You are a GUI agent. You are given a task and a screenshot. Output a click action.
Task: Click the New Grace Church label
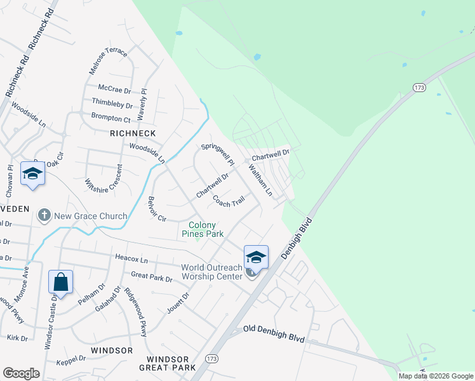click(90, 216)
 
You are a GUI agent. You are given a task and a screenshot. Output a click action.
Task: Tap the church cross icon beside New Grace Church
click(44, 215)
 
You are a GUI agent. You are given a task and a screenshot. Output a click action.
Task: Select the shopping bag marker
click(60, 282)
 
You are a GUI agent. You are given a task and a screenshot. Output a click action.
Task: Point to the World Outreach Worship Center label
click(212, 272)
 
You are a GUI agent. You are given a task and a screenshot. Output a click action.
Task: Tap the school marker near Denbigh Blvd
click(256, 257)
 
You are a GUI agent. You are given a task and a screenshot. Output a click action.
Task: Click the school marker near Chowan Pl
click(32, 173)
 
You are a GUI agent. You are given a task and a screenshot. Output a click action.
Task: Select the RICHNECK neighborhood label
click(133, 133)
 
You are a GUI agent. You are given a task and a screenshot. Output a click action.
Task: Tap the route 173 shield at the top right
click(418, 87)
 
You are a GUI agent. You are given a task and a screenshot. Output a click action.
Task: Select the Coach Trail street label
click(229, 201)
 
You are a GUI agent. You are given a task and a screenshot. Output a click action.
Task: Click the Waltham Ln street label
click(260, 180)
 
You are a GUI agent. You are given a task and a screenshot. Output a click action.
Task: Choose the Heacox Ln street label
click(131, 260)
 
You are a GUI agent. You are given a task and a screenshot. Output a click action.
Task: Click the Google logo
click(21, 373)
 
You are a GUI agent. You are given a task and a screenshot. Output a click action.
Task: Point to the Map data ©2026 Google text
click(436, 376)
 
